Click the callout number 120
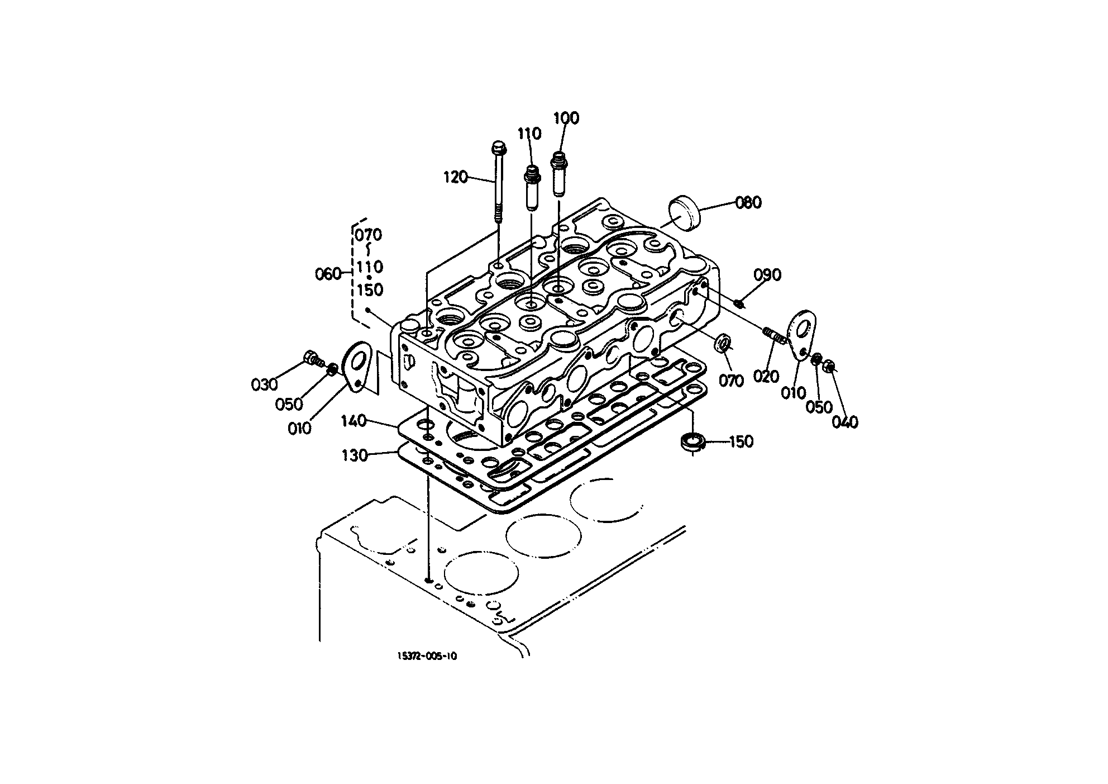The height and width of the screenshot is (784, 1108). pyautogui.click(x=455, y=178)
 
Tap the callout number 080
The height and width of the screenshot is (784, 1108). pyautogui.click(x=748, y=202)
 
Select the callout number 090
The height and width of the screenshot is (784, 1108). pyautogui.click(x=768, y=275)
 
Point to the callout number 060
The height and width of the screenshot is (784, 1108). pyautogui.click(x=328, y=274)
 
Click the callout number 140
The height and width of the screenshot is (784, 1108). pyautogui.click(x=354, y=421)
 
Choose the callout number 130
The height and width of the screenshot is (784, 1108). pyautogui.click(x=355, y=456)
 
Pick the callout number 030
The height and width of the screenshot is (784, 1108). pyautogui.click(x=264, y=384)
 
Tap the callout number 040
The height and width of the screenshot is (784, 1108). pyautogui.click(x=845, y=422)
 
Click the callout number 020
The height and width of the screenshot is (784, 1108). pyautogui.click(x=766, y=377)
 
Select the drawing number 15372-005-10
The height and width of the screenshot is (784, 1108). pyautogui.click(x=427, y=656)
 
